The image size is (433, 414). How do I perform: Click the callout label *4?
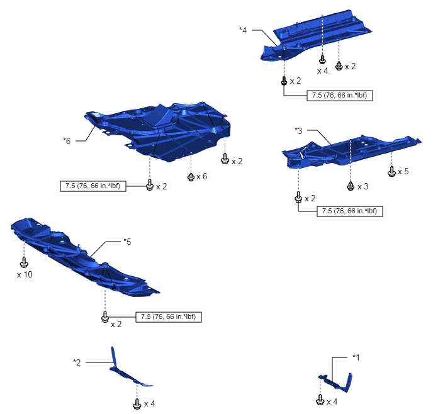coord(243,30)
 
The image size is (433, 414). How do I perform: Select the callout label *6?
coord(67,141)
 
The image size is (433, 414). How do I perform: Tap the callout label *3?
coord(298,130)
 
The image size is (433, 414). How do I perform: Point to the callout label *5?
coord(127,242)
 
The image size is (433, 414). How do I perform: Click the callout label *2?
coord(77,362)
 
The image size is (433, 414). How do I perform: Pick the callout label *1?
coord(356,357)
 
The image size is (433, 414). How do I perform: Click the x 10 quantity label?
coord(25,274)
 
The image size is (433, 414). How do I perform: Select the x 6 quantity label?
coord(201,176)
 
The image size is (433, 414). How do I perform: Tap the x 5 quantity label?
coord(403,171)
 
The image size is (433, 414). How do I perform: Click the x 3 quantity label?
coord(363,187)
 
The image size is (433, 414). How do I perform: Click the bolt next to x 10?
coord(25,262)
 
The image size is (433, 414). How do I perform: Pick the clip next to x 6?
coord(191,177)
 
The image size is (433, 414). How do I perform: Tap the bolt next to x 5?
coord(391,171)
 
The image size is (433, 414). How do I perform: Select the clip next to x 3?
coord(351,186)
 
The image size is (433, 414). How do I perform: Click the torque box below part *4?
coord(340,96)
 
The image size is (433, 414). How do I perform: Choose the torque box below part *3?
coord(350,211)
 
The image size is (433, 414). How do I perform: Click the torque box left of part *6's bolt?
coord(93,186)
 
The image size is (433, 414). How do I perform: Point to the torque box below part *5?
coord(169,317)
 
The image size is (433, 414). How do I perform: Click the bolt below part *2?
coord(137,403)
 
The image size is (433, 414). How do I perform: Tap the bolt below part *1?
coord(320,400)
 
